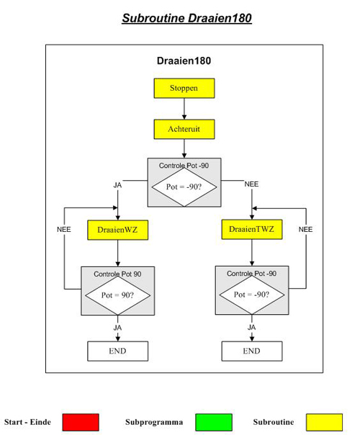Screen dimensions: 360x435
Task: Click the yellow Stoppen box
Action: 184,88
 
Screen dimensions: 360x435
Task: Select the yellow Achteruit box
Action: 184,130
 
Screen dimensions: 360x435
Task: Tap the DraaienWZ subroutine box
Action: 117,230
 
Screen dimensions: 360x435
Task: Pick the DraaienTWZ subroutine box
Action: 252,230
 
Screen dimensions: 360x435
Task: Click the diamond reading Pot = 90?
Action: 117,295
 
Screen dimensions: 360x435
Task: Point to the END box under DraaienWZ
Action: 117,351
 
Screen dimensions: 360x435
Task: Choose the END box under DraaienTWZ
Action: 252,351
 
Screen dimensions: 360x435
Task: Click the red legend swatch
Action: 81,422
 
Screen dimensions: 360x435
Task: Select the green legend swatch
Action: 214,422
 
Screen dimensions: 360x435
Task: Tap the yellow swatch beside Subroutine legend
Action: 324,422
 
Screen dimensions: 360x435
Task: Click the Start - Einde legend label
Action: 27,422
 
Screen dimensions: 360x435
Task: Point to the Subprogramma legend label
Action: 154,422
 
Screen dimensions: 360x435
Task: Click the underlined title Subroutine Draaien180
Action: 186,18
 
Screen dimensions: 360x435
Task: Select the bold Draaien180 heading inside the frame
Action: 184,60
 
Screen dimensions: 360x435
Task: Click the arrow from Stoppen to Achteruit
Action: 184,109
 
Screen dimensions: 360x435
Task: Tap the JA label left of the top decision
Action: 117,185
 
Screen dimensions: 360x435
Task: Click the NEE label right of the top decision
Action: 251,184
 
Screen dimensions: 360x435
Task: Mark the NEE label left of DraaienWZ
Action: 64,230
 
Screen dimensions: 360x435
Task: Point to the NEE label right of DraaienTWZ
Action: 305,230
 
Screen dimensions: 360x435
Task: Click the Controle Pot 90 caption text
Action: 117,274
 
